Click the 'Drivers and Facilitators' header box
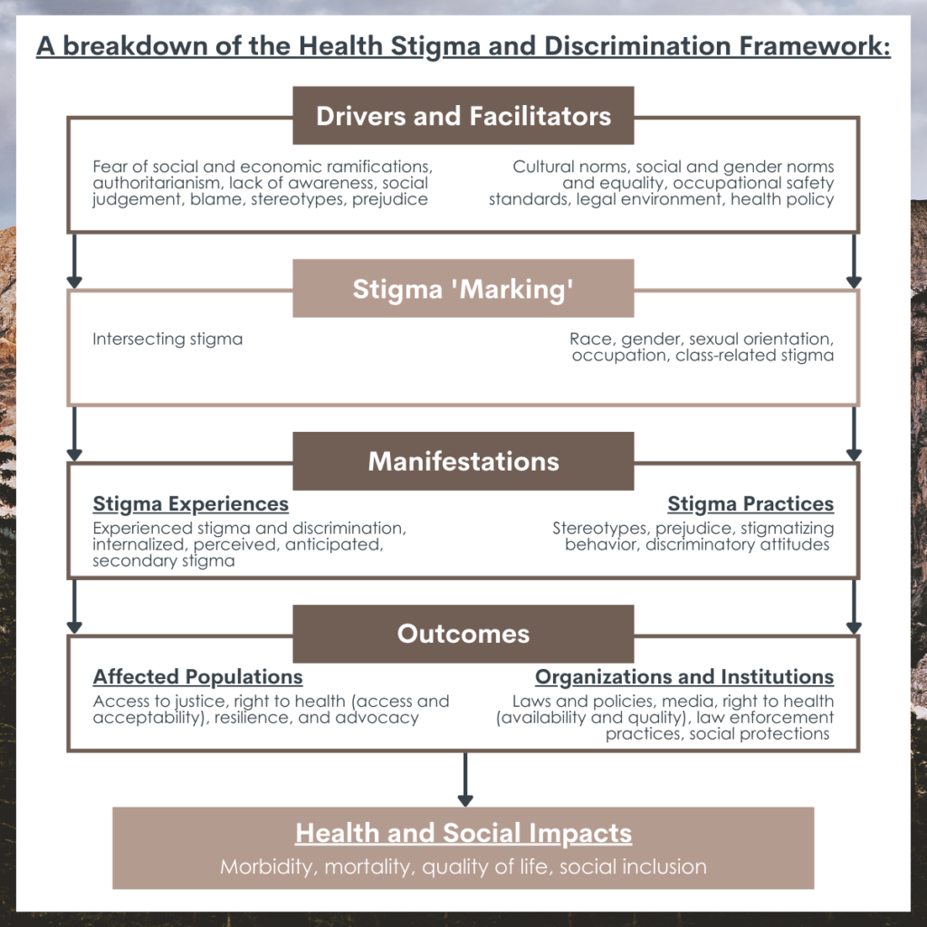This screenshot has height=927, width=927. pyautogui.click(x=463, y=115)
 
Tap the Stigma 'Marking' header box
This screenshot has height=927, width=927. pyautogui.click(x=463, y=289)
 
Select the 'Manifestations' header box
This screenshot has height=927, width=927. pyautogui.click(x=463, y=461)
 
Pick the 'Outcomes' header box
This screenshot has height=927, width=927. pyautogui.click(x=463, y=634)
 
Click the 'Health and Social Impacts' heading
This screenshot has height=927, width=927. pyautogui.click(x=463, y=833)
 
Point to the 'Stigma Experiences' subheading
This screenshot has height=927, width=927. pyautogui.click(x=190, y=503)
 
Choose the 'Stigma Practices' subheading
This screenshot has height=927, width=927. pyautogui.click(x=750, y=503)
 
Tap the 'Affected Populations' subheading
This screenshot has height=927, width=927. pyautogui.click(x=197, y=676)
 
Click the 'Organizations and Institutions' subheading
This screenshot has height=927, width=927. pyautogui.click(x=684, y=676)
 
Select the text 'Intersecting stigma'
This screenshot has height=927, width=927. pyautogui.click(x=167, y=339)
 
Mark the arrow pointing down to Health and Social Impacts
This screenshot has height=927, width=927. pyautogui.click(x=465, y=779)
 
